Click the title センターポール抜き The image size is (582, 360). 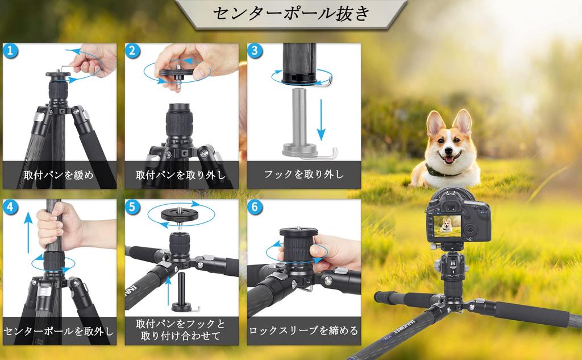click(x=292, y=14)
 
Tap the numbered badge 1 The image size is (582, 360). click(x=10, y=51)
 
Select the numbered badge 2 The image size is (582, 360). click(x=132, y=51)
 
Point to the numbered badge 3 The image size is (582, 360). click(x=255, y=51)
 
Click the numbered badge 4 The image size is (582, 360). click(x=10, y=207)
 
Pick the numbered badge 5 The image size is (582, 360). click(x=132, y=207)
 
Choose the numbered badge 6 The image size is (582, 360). click(x=255, y=207)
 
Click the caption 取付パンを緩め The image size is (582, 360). click(x=59, y=175)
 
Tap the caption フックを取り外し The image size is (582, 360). click(x=304, y=174)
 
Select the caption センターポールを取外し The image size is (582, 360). click(x=59, y=331)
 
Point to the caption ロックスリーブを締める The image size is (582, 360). click(x=304, y=330)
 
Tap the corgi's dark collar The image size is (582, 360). click(x=443, y=172)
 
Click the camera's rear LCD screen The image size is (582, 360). click(x=447, y=226)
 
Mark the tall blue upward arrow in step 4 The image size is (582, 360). click(x=28, y=232)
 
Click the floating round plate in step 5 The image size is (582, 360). click(x=180, y=215)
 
